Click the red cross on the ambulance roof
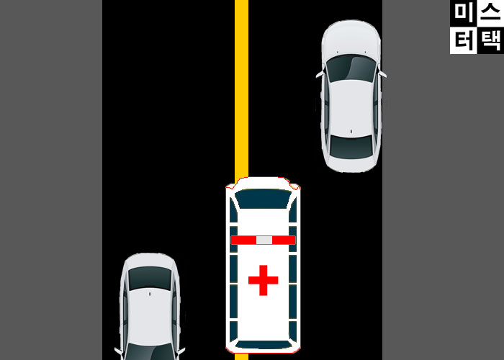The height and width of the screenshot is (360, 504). point(263,280)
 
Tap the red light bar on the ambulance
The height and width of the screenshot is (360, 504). point(245,240)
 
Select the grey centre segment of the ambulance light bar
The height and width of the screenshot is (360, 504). point(264,240)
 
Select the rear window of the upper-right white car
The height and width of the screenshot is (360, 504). point(351,145)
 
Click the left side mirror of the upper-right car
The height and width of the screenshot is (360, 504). point(318,73)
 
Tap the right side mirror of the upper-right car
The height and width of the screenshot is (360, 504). point(383,73)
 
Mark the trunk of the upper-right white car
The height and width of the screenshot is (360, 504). point(351,164)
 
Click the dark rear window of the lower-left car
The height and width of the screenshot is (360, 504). point(150,278)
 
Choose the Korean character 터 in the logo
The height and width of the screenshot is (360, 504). point(463,40)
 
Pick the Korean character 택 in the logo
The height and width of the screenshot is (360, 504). point(490,40)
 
